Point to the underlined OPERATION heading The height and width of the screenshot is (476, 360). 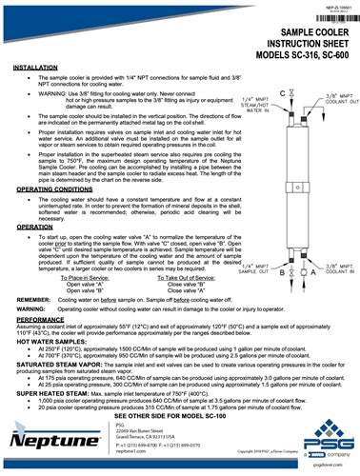36,228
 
